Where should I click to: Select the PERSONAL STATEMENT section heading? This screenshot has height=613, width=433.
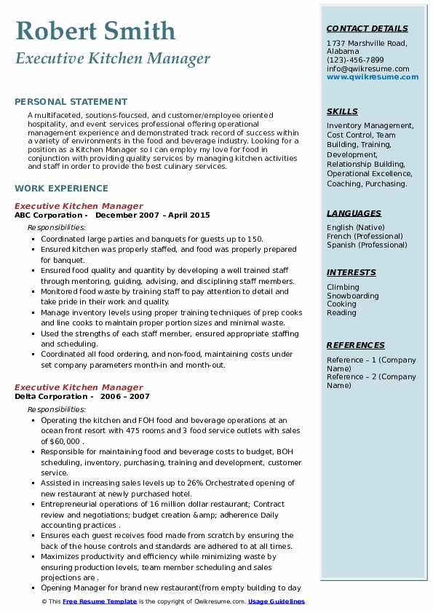tap(71, 102)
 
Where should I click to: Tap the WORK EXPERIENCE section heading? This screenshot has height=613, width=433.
tap(61, 188)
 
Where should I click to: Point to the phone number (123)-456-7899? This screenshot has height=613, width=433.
tap(355, 60)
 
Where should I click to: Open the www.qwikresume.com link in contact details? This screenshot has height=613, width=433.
tap(368, 77)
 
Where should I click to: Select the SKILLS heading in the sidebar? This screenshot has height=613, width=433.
tap(342, 112)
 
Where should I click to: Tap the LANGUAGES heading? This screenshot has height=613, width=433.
tap(354, 214)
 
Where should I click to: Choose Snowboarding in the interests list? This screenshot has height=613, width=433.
tap(352, 296)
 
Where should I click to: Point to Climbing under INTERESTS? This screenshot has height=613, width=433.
tap(343, 288)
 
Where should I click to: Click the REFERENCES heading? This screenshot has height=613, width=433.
tap(356, 345)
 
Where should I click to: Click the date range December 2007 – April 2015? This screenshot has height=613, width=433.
tap(152, 215)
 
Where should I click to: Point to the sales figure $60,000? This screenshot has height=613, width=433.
tap(66, 441)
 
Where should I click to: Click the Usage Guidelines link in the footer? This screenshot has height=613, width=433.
tap(277, 602)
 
